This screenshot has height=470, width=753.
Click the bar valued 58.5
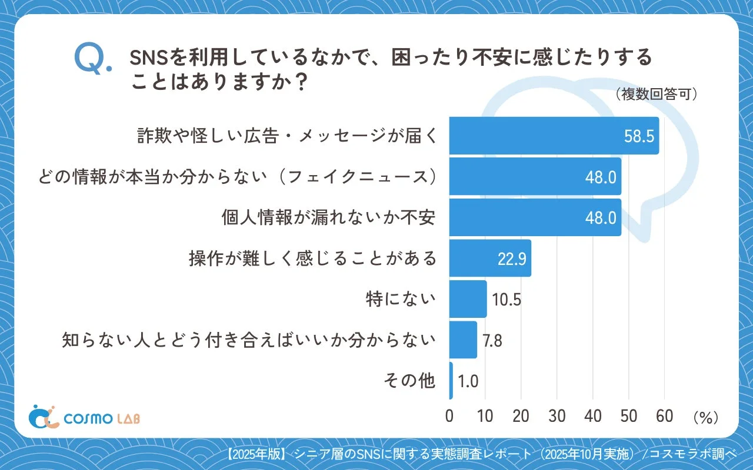pyautogui.click(x=554, y=136)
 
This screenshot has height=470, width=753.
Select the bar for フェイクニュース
pyautogui.click(x=535, y=176)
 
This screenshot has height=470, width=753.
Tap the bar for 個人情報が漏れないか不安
pyautogui.click(x=535, y=217)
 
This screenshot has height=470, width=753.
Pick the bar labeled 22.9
pyautogui.click(x=490, y=258)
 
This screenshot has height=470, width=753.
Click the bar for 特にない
pyautogui.click(x=468, y=299)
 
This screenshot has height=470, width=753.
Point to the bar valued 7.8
pyautogui.click(x=463, y=340)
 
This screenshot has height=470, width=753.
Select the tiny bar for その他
pyautogui.click(x=451, y=381)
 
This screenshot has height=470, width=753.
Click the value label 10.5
pyautogui.click(x=507, y=300)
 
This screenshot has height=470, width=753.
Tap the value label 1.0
pyautogui.click(x=468, y=381)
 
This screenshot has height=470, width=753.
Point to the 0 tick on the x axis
pyautogui.click(x=449, y=416)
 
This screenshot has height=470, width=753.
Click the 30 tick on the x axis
pyautogui.click(x=557, y=416)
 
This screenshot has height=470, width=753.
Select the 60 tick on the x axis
pyautogui.click(x=664, y=416)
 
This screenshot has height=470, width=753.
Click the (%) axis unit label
pyautogui.click(x=705, y=417)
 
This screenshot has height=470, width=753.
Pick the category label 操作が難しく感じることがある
pyautogui.click(x=312, y=258)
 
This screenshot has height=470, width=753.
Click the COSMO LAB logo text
pyautogui.click(x=102, y=418)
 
